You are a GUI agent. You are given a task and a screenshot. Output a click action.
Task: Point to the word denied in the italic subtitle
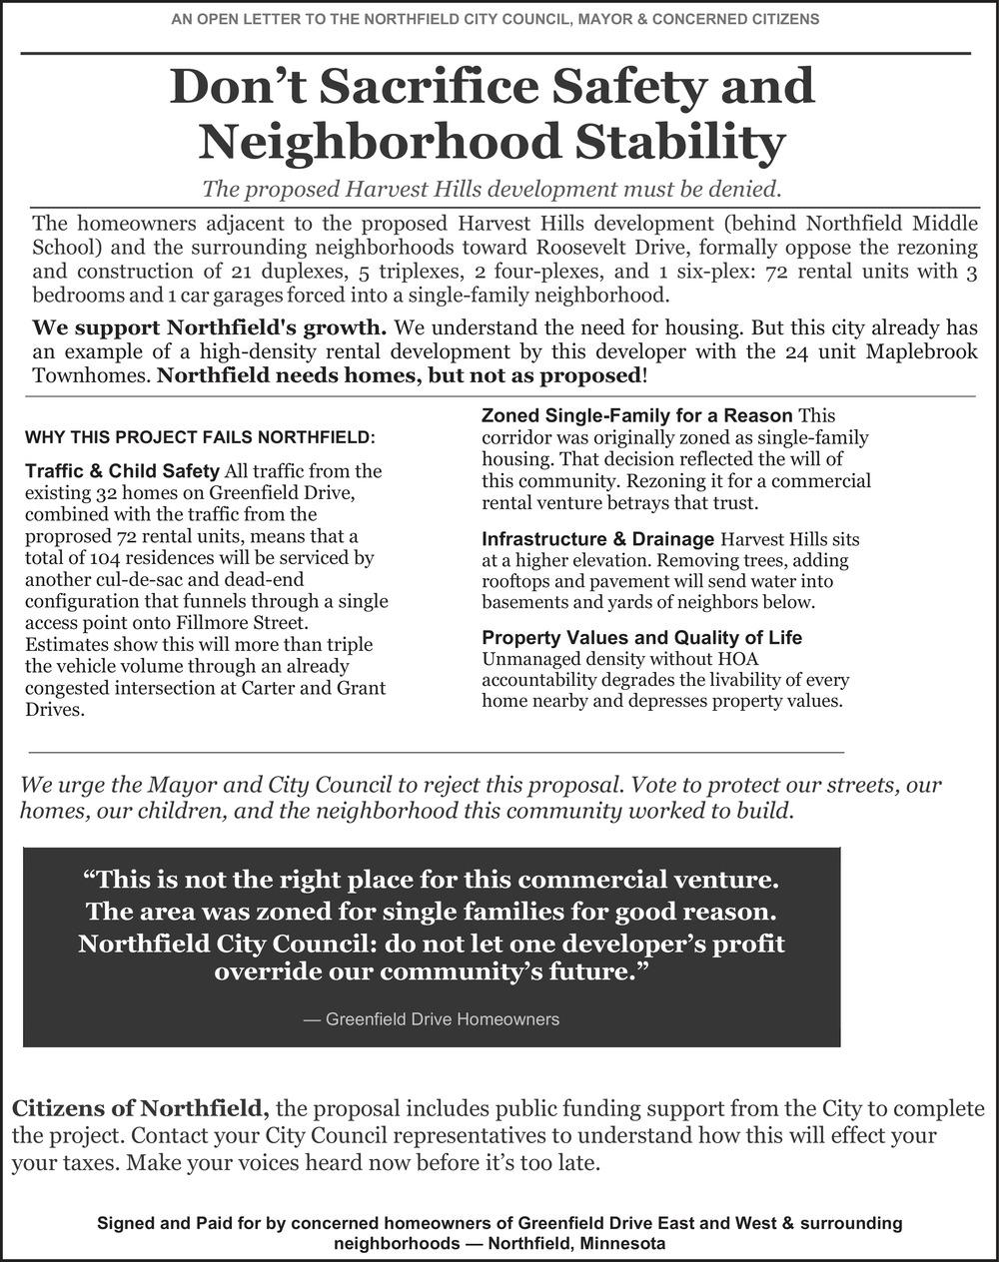742,188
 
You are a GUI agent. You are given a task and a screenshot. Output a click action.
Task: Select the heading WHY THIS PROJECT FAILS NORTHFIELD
200,437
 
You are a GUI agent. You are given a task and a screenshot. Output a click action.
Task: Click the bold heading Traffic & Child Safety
122,470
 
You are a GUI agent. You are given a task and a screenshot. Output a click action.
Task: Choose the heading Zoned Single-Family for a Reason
637,415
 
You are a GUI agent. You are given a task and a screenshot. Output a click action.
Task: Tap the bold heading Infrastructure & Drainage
597,539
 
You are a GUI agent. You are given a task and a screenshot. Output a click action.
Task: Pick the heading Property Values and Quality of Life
641,637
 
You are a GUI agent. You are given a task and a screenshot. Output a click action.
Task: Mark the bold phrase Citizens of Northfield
140,1108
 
